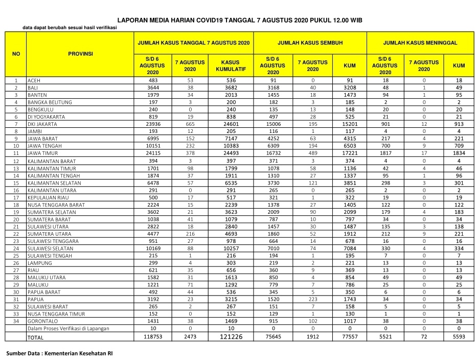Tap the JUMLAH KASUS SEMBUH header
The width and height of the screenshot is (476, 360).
pyautogui.click(x=310, y=43)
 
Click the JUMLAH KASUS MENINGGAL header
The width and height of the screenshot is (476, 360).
pyautogui.click(x=420, y=43)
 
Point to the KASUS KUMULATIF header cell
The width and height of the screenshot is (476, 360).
pyautogui.click(x=231, y=65)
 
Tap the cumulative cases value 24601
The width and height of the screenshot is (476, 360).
pyautogui.click(x=231, y=124)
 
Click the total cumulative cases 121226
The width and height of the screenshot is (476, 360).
pyautogui.click(x=231, y=337)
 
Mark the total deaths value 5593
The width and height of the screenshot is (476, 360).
pyautogui.click(x=459, y=337)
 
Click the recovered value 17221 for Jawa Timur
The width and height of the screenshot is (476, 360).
pyautogui.click(x=350, y=153)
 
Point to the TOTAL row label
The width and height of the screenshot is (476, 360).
pyautogui.click(x=36, y=337)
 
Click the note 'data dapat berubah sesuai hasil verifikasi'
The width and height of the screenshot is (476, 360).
pyautogui.click(x=70, y=28)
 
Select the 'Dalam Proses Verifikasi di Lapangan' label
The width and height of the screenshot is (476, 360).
pyautogui.click(x=68, y=329)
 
